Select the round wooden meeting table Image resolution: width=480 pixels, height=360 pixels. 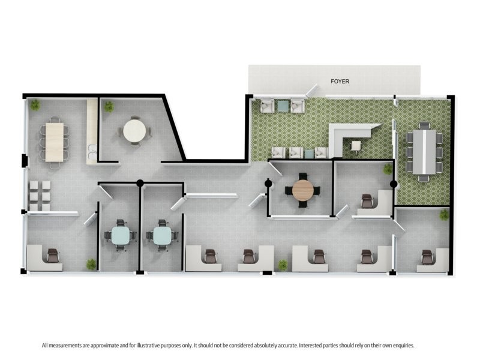pos(302,190)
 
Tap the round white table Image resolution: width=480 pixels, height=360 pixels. pos(134,130)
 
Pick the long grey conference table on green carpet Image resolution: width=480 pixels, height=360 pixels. pos(424,151)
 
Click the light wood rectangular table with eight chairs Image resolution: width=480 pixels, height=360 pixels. pos(54,142)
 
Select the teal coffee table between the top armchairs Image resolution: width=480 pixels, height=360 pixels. pos(282,106)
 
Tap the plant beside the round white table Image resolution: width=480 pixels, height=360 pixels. pos(109,106)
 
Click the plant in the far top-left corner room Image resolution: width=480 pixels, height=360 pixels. pos(35,104)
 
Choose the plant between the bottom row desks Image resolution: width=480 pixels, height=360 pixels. pos(282,264)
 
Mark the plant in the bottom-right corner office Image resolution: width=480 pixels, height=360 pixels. pos(444,214)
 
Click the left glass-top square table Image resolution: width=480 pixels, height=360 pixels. pos(120,235)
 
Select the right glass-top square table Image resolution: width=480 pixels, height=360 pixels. pos(162,235)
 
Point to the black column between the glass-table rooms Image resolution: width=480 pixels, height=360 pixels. pos(140,183)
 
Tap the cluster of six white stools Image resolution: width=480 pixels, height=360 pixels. pos(38,195)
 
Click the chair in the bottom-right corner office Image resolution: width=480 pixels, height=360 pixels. pos(427,257)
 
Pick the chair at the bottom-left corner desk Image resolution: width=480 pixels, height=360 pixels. pos(53,256)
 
